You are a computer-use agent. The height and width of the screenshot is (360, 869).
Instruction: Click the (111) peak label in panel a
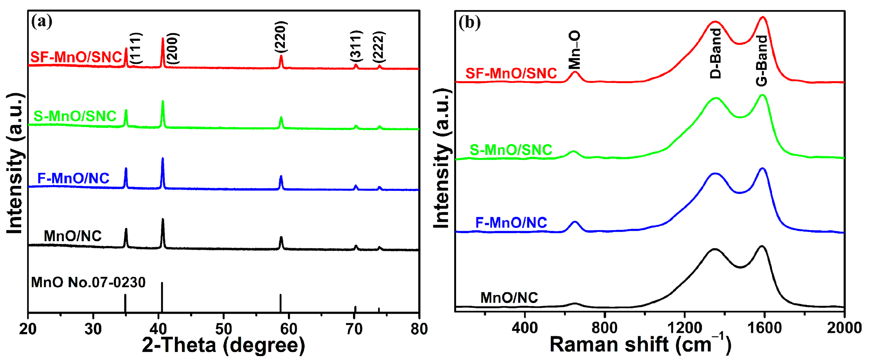pos(137,48)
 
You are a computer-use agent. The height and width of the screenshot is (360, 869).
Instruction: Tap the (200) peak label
pos(173,48)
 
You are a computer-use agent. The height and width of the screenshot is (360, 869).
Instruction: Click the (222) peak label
pos(379,46)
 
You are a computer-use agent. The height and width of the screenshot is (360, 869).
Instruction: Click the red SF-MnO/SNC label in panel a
pos(76,57)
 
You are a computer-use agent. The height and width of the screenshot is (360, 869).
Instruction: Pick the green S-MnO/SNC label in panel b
pos(510,150)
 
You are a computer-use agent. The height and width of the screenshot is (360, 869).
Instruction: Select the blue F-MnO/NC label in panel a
pos(73,178)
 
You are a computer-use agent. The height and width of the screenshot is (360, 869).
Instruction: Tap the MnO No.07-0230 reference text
pos(88,282)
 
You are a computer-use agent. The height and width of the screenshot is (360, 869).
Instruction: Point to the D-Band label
pos(715,53)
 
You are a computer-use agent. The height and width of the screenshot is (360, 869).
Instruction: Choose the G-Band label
pos(762,61)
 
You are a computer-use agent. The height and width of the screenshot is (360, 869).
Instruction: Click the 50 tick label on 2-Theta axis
pos(223,329)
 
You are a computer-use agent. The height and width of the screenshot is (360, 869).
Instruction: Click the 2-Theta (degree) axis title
pos(223,345)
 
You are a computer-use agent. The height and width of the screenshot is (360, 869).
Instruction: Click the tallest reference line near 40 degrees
pos(162,297)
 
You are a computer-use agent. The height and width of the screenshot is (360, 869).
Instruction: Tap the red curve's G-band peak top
pos(763,17)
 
